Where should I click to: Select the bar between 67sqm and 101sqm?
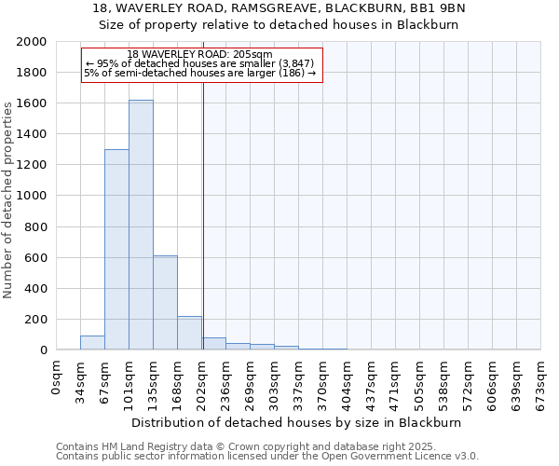click(116, 250)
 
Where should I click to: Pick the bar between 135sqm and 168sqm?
click(165, 303)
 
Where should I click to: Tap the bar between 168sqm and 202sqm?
click(189, 333)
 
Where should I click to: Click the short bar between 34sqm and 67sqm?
click(92, 343)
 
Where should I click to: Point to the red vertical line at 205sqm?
click(203, 214)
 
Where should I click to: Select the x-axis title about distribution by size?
click(298, 422)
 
